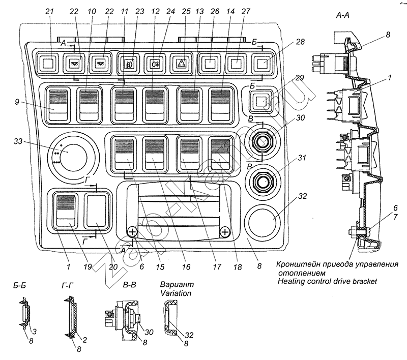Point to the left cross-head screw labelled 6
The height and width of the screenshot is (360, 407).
132,232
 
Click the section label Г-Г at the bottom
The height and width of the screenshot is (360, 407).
69,287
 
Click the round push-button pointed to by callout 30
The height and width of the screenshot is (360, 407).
263,143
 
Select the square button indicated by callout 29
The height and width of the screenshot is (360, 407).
261,101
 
